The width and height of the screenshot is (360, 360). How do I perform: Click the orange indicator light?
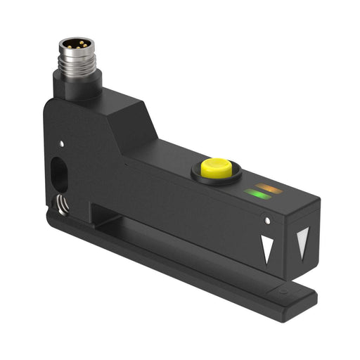point(266,188)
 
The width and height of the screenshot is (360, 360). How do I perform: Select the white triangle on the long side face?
point(267,248)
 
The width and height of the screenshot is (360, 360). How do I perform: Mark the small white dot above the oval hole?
point(63,143)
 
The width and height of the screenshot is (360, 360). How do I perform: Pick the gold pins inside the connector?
point(75,44)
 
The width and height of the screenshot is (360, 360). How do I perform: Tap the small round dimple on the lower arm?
point(282,290)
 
